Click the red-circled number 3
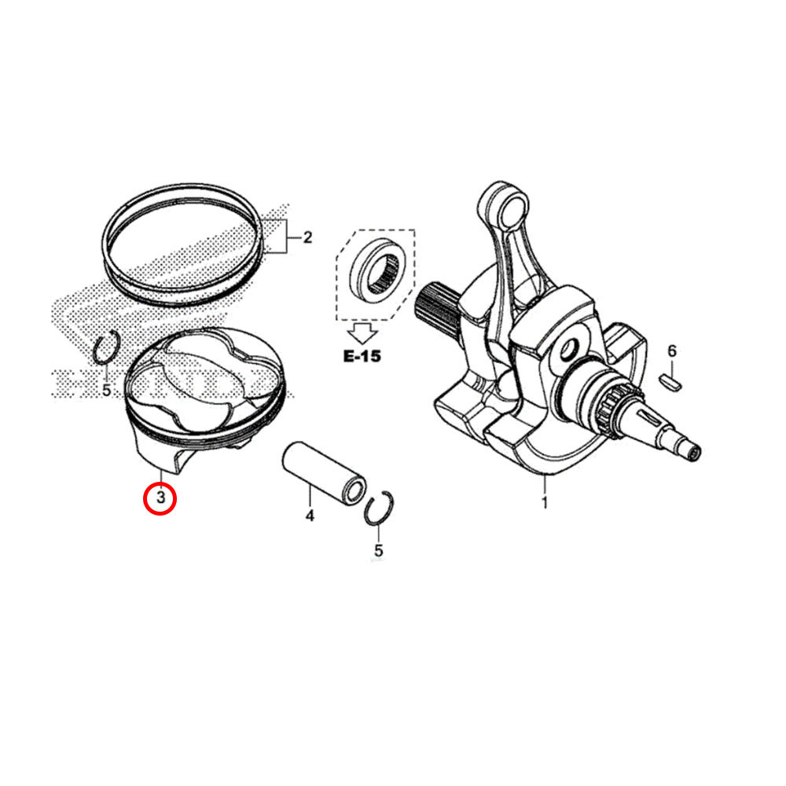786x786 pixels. click(x=160, y=498)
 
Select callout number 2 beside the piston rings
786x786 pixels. click(x=307, y=237)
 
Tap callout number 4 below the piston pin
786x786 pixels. click(x=310, y=516)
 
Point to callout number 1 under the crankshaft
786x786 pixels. click(x=544, y=502)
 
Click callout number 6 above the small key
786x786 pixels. click(x=672, y=351)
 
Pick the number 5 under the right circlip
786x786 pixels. click(x=379, y=550)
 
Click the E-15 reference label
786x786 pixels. click(x=362, y=356)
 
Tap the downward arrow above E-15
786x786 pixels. click(x=362, y=329)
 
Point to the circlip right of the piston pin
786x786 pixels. click(x=380, y=509)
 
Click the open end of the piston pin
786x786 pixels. click(x=355, y=492)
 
